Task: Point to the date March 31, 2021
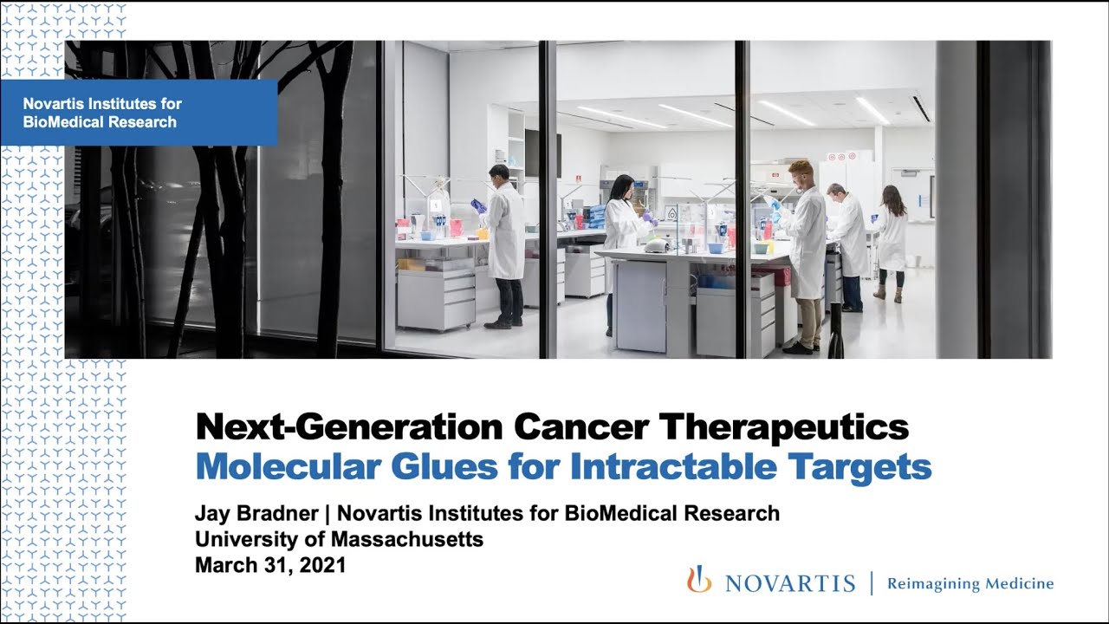click(270, 565)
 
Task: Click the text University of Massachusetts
click(339, 539)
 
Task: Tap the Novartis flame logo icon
click(698, 580)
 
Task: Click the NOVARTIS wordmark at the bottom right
click(789, 583)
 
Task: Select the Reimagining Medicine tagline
click(970, 583)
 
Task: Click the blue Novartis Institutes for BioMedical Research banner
click(139, 113)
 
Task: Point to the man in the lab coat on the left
click(503, 243)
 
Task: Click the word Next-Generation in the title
click(349, 427)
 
